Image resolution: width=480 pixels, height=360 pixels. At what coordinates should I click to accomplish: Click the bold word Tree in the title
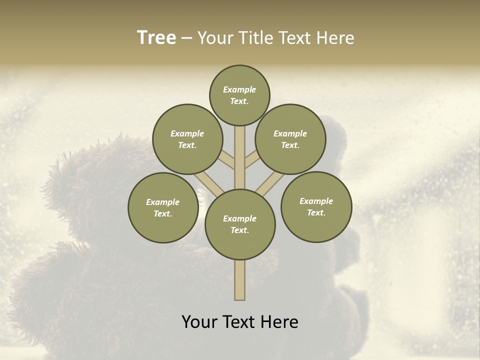156,38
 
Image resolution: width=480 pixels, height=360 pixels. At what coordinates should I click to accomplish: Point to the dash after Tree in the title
186,38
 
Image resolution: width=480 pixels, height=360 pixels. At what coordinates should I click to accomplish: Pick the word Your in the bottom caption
200,322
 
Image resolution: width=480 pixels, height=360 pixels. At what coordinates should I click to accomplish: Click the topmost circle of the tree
239,95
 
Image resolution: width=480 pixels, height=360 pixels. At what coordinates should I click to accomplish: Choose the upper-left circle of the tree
187,139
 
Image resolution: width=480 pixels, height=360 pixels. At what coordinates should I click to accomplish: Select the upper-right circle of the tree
290,139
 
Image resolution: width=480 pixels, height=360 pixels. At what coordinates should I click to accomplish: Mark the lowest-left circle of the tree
162,207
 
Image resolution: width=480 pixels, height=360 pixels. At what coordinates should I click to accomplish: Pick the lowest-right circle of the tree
316,206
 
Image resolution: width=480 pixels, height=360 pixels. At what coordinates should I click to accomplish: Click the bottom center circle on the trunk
240,224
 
